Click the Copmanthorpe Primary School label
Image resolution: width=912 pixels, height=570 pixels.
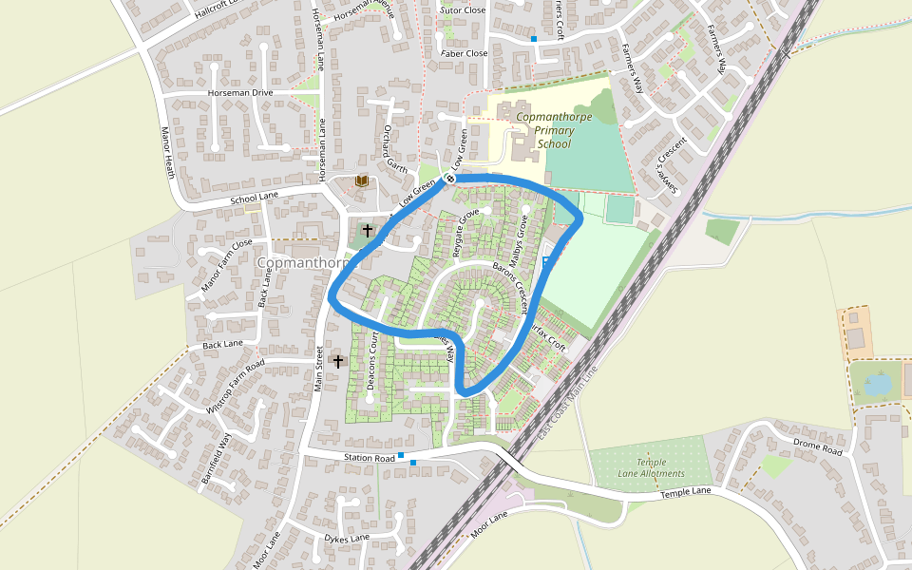click(x=554, y=130)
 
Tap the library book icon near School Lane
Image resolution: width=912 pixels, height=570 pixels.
click(x=361, y=180)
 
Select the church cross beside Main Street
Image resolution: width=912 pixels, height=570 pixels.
click(x=338, y=361)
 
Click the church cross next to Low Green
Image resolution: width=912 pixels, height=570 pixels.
click(x=368, y=230)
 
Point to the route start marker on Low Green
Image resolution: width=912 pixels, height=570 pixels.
click(x=450, y=179)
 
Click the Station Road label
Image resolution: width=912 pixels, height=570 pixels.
click(x=369, y=459)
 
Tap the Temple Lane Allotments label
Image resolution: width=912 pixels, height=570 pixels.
click(x=650, y=467)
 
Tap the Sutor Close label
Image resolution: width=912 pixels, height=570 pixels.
click(x=463, y=10)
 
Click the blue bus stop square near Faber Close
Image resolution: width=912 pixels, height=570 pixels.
click(x=534, y=39)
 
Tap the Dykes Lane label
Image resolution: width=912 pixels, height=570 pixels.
click(x=346, y=539)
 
